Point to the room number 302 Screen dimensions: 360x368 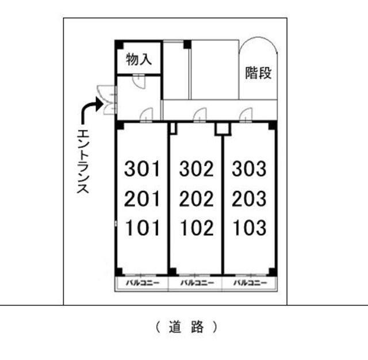point(196,169)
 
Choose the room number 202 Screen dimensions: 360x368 point(196,199)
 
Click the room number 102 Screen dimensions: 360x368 point(196,228)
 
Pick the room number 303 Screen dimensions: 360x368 point(250,169)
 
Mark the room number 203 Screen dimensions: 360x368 point(250,199)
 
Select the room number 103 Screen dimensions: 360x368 point(250,228)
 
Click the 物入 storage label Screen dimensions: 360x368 point(139,60)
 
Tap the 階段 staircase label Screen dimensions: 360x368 point(258,73)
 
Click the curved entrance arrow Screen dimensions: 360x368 point(91,109)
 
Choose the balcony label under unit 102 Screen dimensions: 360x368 point(197,284)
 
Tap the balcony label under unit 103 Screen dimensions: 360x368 point(250,284)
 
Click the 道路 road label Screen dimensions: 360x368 point(187,327)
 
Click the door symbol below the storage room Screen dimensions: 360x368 point(139,81)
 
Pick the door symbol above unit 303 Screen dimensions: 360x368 point(247,114)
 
